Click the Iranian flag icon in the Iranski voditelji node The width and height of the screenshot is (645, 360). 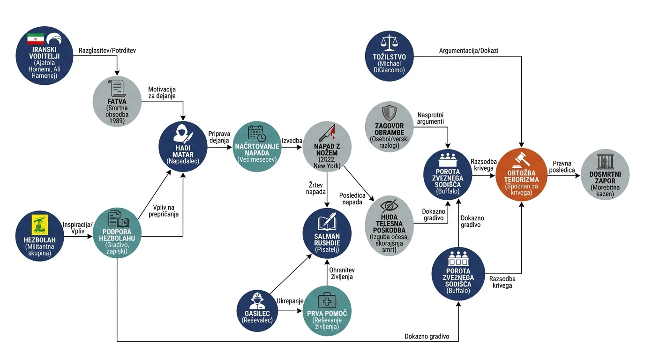[x=36, y=39]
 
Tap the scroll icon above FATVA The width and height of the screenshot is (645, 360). [x=117, y=88]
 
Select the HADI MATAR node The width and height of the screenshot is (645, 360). [x=183, y=147]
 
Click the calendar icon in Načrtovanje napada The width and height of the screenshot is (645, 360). [x=257, y=133]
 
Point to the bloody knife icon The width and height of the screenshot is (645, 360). [x=327, y=133]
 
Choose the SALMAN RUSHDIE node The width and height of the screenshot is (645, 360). [x=327, y=233]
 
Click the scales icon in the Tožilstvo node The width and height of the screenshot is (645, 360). [x=390, y=43]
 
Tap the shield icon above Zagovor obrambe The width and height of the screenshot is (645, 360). [x=390, y=112]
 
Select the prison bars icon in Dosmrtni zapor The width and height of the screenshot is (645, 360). [x=605, y=161]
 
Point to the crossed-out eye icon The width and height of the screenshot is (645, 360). [x=390, y=206]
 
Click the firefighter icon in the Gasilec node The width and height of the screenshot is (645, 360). [x=257, y=301]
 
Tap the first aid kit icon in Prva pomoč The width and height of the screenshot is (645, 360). [x=327, y=300]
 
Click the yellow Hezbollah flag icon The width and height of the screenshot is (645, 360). [x=40, y=225]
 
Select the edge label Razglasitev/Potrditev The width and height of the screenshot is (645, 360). [x=107, y=51]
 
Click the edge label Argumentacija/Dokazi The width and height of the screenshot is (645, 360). [x=468, y=51]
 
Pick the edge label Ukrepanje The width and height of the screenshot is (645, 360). [x=290, y=301]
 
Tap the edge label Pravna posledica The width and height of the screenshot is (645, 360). [x=562, y=167]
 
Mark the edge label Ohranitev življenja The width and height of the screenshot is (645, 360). [x=342, y=273]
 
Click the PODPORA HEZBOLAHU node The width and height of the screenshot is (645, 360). [x=117, y=232]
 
